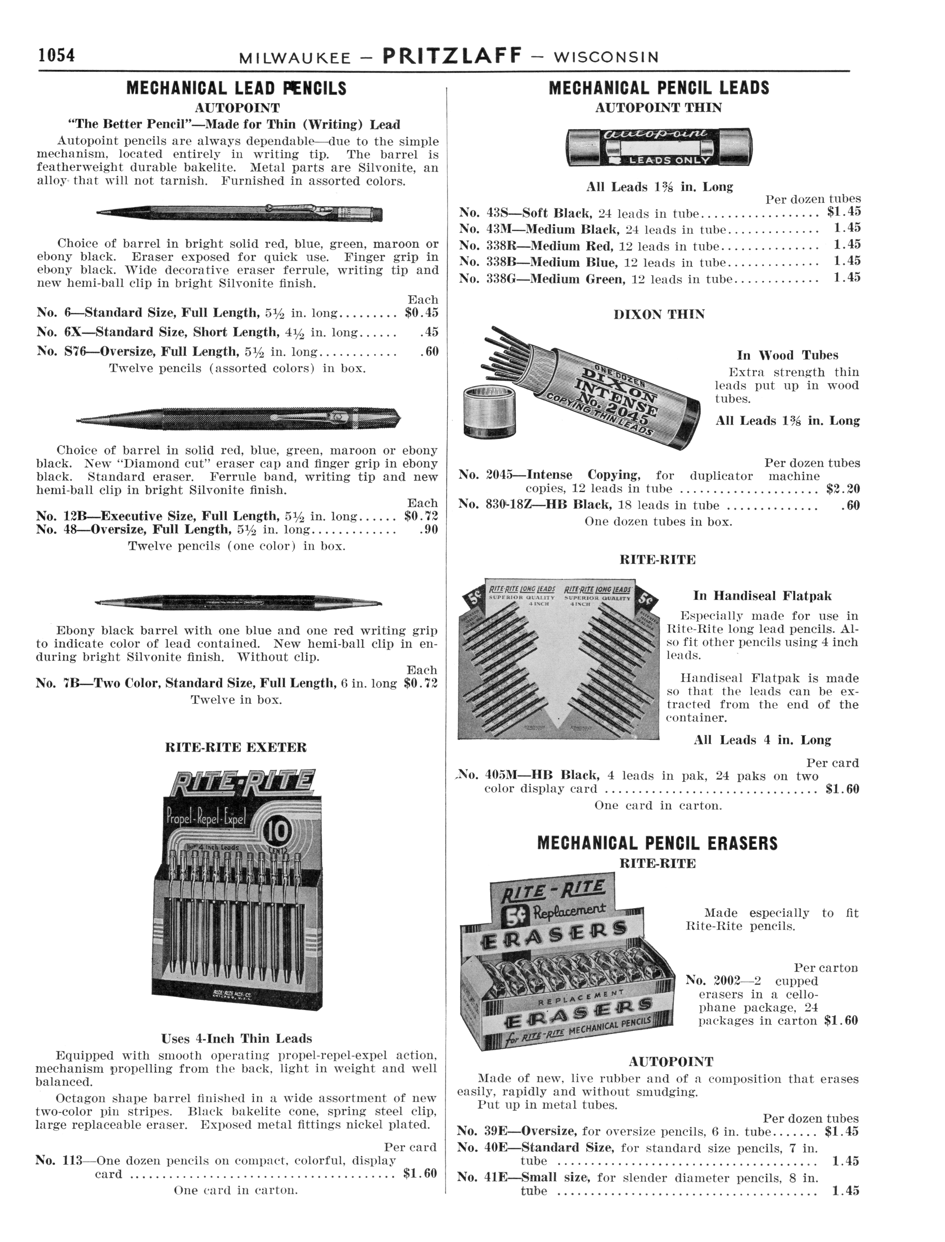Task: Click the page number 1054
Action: click(56, 56)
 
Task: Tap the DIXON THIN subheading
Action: click(659, 315)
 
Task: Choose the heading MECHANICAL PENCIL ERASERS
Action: click(658, 844)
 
